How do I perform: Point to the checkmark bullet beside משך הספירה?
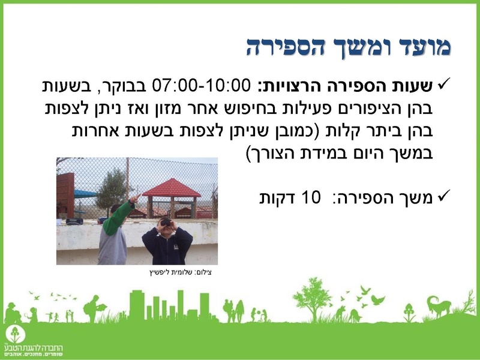point(445,196)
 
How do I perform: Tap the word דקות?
point(278,197)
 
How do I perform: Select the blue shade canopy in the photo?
point(85,194)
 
